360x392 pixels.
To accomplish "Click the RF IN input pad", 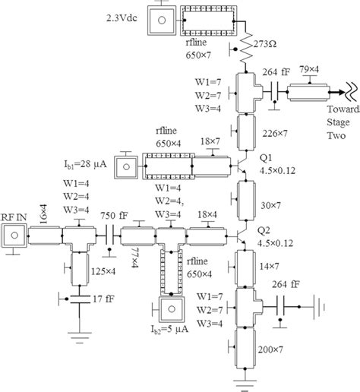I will [x=14, y=238].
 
